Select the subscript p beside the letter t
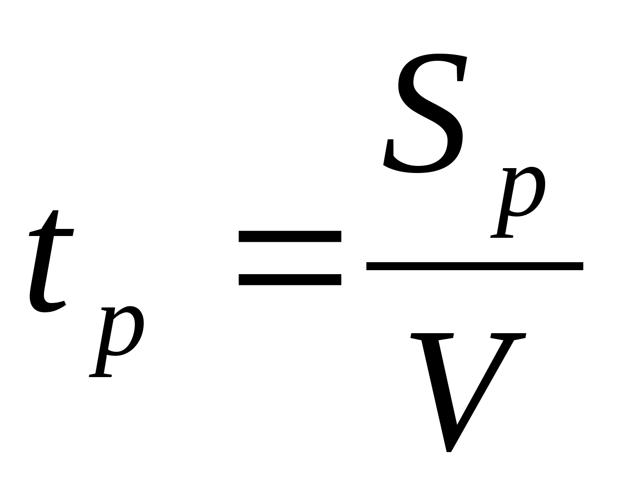coord(118,339)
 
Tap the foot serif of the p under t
coord(100,375)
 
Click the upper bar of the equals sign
coord(290,236)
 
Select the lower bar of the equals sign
coord(290,279)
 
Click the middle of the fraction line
coord(475,266)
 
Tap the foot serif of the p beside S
coord(502,236)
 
